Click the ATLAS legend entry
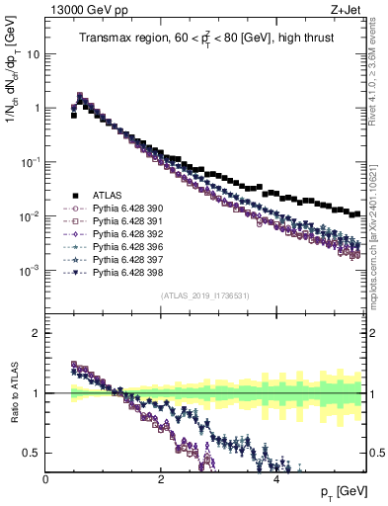pos(104,195)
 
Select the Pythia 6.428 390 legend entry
pos(122,209)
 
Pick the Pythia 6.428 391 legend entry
pos(122,221)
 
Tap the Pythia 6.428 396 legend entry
pos(122,246)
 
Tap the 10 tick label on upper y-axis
pos(33,54)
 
